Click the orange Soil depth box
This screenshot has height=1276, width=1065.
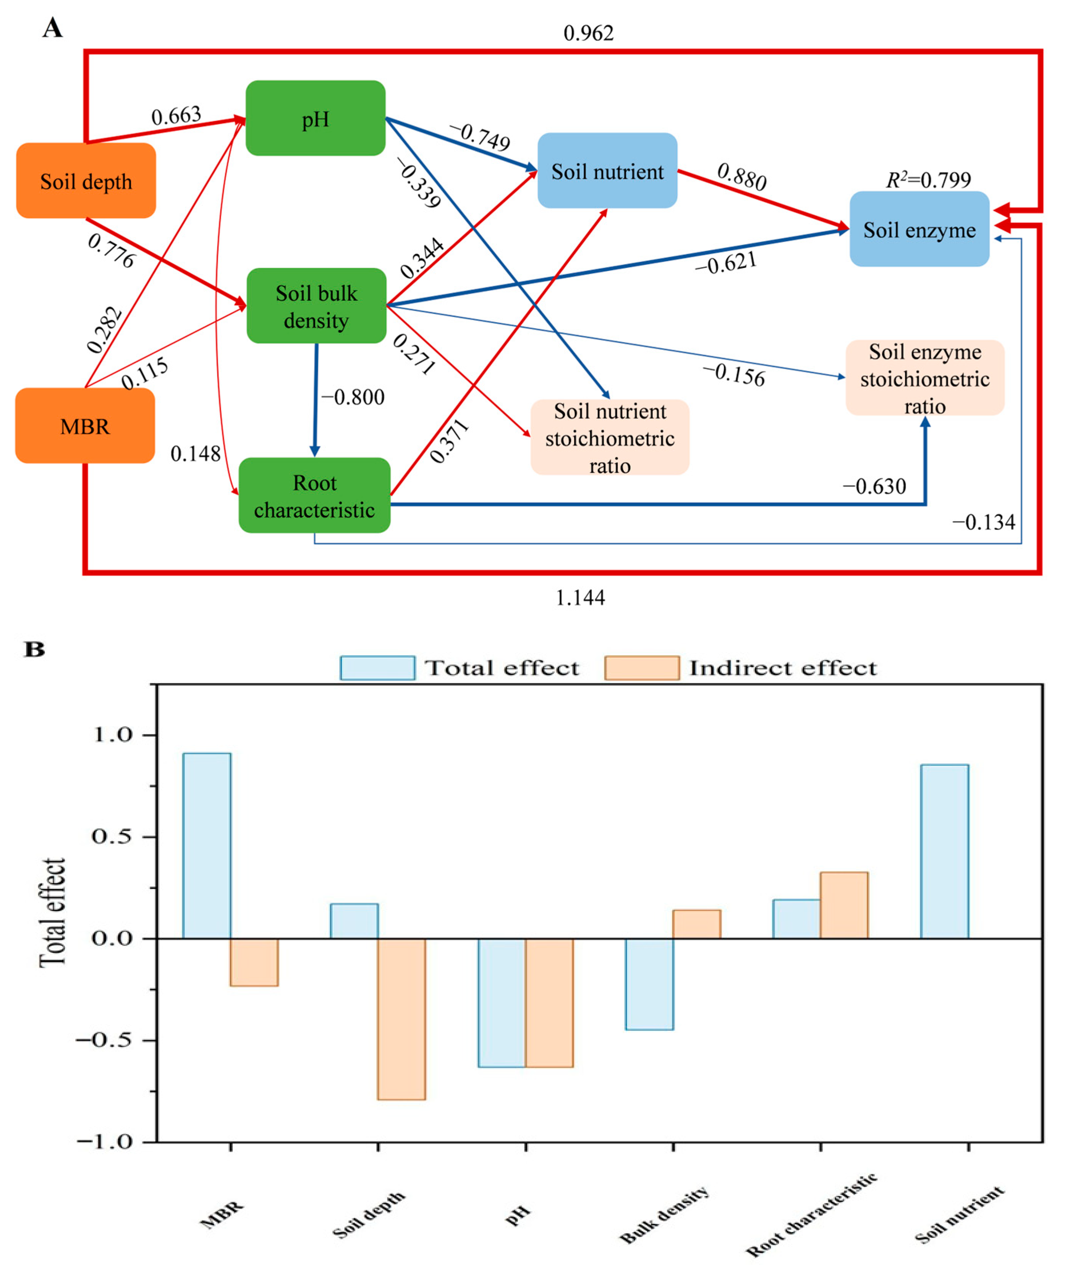[86, 181]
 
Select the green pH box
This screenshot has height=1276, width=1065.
[315, 118]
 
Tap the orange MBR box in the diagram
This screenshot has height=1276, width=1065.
[85, 426]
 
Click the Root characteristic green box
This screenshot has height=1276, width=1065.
[314, 496]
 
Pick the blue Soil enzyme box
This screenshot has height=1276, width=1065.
[919, 230]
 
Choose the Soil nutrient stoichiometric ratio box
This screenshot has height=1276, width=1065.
[610, 438]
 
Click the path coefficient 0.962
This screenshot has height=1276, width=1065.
[588, 33]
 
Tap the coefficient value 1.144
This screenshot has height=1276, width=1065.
[580, 598]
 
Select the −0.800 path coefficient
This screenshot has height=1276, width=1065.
[353, 397]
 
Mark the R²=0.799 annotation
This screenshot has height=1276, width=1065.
[928, 180]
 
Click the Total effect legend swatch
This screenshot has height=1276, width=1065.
[377, 668]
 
